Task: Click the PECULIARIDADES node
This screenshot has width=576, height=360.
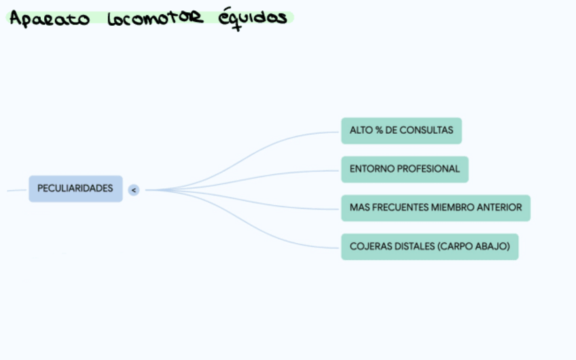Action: point(75,189)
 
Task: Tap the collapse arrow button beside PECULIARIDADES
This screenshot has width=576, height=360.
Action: point(134,190)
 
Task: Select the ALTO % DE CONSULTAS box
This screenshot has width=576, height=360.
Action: point(401,130)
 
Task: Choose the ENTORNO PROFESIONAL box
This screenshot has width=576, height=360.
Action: point(404,169)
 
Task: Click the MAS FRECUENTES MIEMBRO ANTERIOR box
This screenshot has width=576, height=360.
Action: point(435,208)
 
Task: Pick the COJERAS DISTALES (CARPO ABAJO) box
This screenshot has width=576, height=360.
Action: point(429,247)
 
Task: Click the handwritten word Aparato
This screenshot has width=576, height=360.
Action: point(49,18)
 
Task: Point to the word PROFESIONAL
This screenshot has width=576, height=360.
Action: point(427,169)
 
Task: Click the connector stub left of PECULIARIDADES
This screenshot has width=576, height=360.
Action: point(16,190)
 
